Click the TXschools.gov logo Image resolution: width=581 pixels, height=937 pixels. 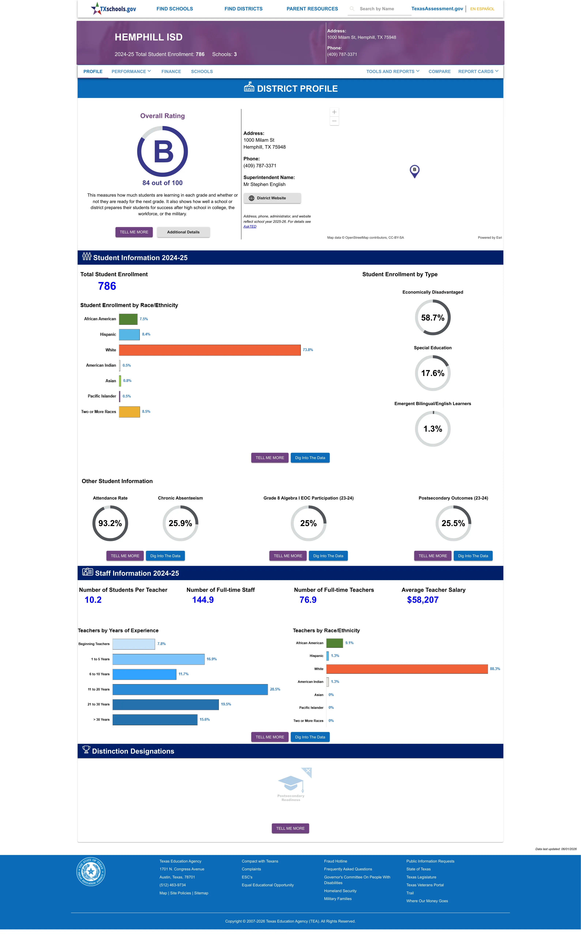point(113,8)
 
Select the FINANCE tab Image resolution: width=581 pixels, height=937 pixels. point(171,72)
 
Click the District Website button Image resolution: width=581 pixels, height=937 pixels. point(272,198)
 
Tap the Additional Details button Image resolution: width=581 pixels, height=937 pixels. point(183,232)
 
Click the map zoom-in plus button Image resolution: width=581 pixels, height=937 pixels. point(334,112)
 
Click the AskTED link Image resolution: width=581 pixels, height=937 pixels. point(250,226)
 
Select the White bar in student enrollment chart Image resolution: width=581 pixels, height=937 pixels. point(210,350)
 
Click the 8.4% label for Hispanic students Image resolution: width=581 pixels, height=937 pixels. point(146,334)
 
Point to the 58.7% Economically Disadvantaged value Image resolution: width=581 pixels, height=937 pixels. point(433,318)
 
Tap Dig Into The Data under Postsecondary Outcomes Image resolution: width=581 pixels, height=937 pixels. point(473,556)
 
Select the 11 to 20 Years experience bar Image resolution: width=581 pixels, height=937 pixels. point(190,689)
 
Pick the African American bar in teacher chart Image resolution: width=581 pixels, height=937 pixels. point(334,643)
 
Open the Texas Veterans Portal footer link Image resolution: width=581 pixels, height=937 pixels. point(425,885)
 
